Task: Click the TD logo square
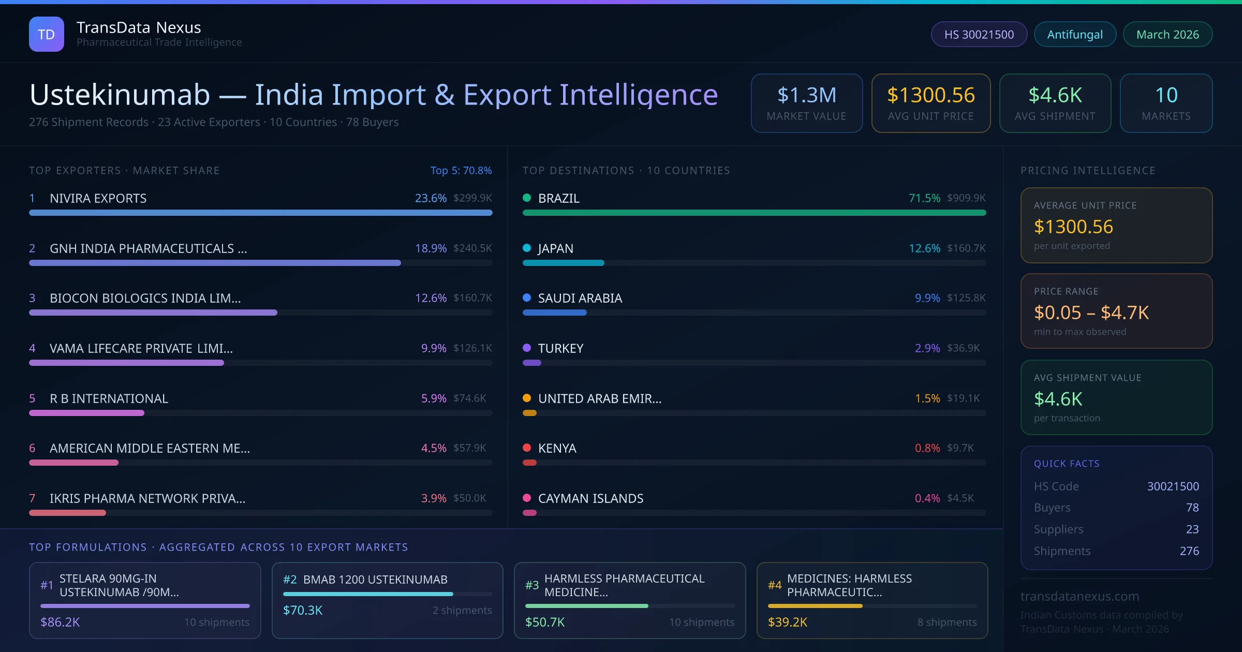(47, 34)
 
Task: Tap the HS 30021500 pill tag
(979, 34)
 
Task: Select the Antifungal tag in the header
(1075, 34)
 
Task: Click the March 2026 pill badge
(1167, 34)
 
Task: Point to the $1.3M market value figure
(806, 95)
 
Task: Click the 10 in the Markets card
(1166, 95)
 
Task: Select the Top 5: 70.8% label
(461, 170)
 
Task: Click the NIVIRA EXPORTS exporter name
(98, 198)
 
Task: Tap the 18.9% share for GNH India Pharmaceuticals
(431, 248)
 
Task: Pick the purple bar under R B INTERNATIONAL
(86, 413)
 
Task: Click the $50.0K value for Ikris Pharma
(469, 498)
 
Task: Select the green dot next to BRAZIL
(527, 198)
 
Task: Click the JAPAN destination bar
(563, 263)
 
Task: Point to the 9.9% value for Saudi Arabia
(927, 298)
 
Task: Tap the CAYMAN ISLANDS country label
(590, 498)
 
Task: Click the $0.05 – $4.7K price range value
(1091, 313)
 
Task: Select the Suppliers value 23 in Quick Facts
(1192, 529)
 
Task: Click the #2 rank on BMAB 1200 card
(290, 580)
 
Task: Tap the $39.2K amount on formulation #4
(787, 622)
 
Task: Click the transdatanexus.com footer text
(1080, 596)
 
